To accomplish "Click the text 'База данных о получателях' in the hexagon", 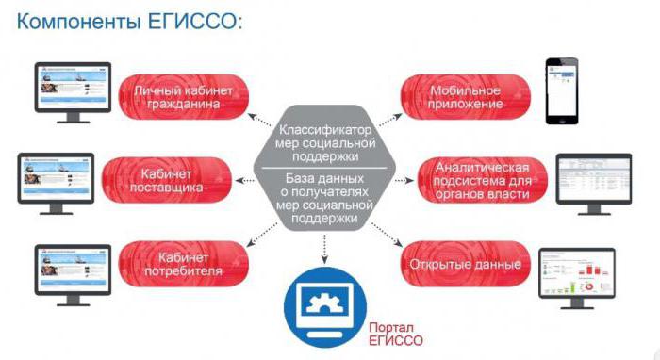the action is click(x=324, y=192).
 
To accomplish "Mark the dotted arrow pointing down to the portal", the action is click(x=324, y=247).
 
